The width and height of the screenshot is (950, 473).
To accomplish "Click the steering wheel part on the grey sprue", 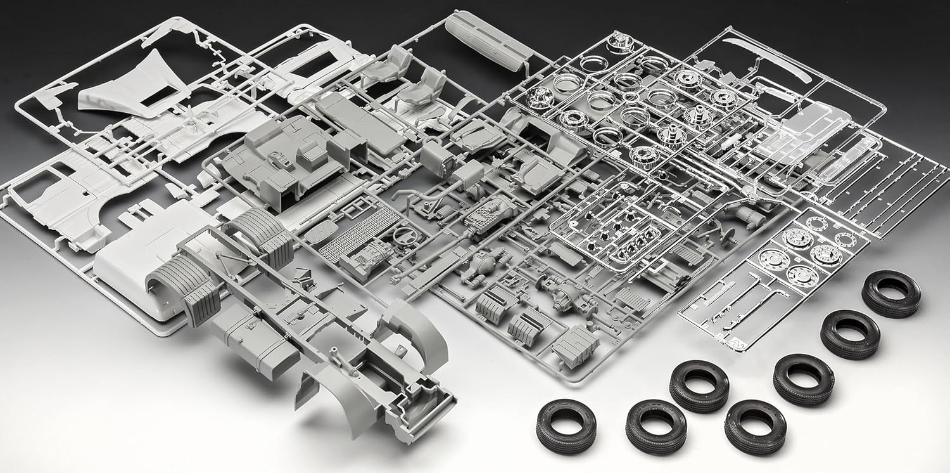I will (400, 236).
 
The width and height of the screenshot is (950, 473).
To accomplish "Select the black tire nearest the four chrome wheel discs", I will (891, 292).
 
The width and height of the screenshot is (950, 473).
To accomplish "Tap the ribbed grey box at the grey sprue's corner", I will (575, 345).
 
